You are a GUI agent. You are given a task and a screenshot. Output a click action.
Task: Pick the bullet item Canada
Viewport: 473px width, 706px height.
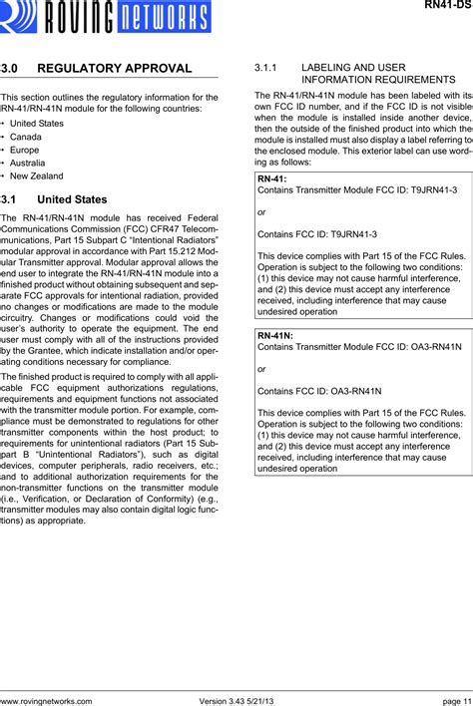pyautogui.click(x=26, y=136)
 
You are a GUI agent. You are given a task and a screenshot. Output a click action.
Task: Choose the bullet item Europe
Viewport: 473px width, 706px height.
pyautogui.click(x=25, y=149)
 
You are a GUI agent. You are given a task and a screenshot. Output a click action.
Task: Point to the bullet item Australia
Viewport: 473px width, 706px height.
pyautogui.click(x=28, y=162)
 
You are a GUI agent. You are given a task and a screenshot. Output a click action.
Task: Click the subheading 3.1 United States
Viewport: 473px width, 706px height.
pyautogui.click(x=54, y=199)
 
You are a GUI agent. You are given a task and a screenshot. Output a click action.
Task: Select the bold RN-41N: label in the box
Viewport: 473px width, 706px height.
pyautogui.click(x=275, y=365)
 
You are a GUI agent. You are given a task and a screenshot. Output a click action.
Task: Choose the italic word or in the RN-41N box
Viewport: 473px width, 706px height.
pyautogui.click(x=261, y=399)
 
